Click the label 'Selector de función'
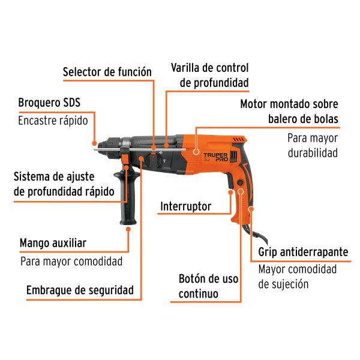click(107, 72)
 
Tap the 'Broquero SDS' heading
click(49, 103)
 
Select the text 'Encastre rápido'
click(53, 120)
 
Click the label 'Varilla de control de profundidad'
click(209, 75)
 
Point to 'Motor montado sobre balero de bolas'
click(289, 110)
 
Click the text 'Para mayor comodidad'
click(71, 261)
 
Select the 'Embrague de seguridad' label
click(80, 290)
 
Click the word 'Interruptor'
click(186, 206)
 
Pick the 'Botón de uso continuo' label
click(208, 286)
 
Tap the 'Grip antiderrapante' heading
click(303, 252)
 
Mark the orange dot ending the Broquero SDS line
click(94, 143)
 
